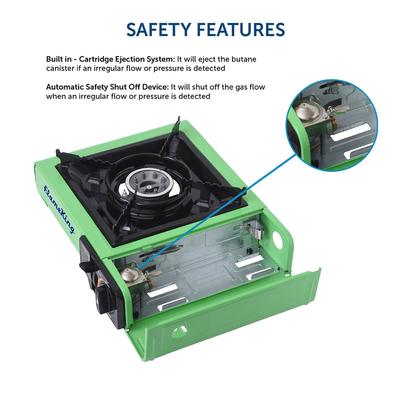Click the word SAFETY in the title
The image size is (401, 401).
[x=159, y=30]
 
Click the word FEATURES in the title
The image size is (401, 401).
[x=241, y=30]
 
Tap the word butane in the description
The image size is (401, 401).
[x=244, y=59]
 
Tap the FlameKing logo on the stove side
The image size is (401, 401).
[x=59, y=209]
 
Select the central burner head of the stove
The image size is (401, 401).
[x=149, y=183]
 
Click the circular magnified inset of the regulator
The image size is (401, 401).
[x=332, y=125]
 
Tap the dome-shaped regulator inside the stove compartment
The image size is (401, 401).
[x=130, y=273]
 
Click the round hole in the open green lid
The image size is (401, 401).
[x=179, y=332]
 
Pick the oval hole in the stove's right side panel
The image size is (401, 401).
[x=277, y=239]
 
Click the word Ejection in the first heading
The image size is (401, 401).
[x=130, y=60]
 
